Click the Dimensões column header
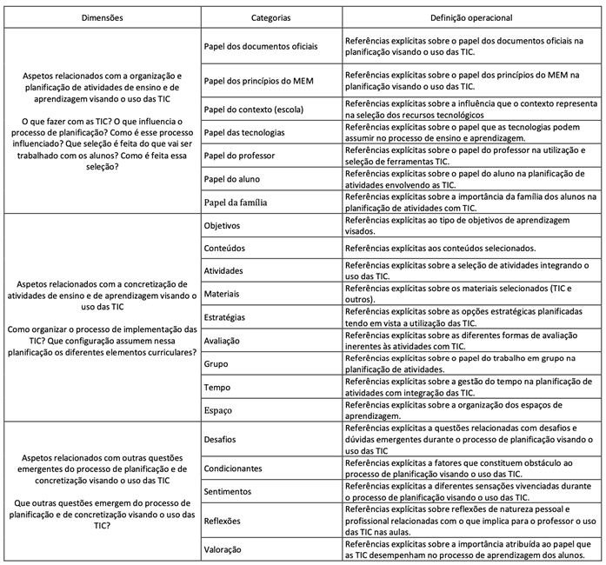tap(101, 17)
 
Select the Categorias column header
tap(270, 17)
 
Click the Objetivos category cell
tap(223, 224)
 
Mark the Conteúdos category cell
tap(224, 248)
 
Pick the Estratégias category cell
tap(224, 318)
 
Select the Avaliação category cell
tap(222, 341)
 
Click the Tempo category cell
tap(216, 386)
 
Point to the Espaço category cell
tap(217, 409)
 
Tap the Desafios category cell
tap(219, 439)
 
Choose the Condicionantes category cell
tap(233, 469)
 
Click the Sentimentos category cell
tap(228, 491)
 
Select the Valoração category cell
tap(223, 549)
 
